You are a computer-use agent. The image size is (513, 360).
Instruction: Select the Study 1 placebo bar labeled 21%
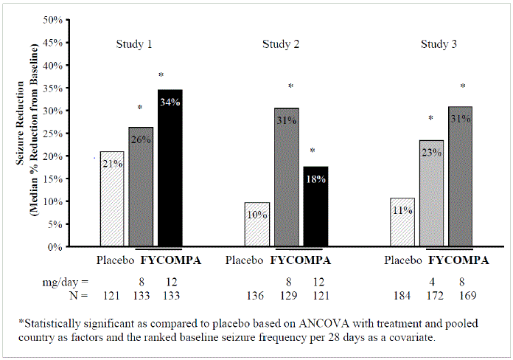point(112,199)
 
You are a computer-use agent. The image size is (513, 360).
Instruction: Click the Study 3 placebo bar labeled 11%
point(402,222)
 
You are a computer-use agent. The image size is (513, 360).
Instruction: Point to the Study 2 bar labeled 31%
point(287,177)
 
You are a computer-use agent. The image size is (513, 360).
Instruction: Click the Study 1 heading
point(134,44)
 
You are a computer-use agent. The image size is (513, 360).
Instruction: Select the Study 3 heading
point(439,44)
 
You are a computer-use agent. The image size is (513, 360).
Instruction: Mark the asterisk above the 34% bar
point(161,75)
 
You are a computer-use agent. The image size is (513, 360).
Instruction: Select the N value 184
point(402,296)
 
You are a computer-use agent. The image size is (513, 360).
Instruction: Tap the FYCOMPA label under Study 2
point(301,260)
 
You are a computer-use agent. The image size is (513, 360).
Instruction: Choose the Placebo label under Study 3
point(403,260)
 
